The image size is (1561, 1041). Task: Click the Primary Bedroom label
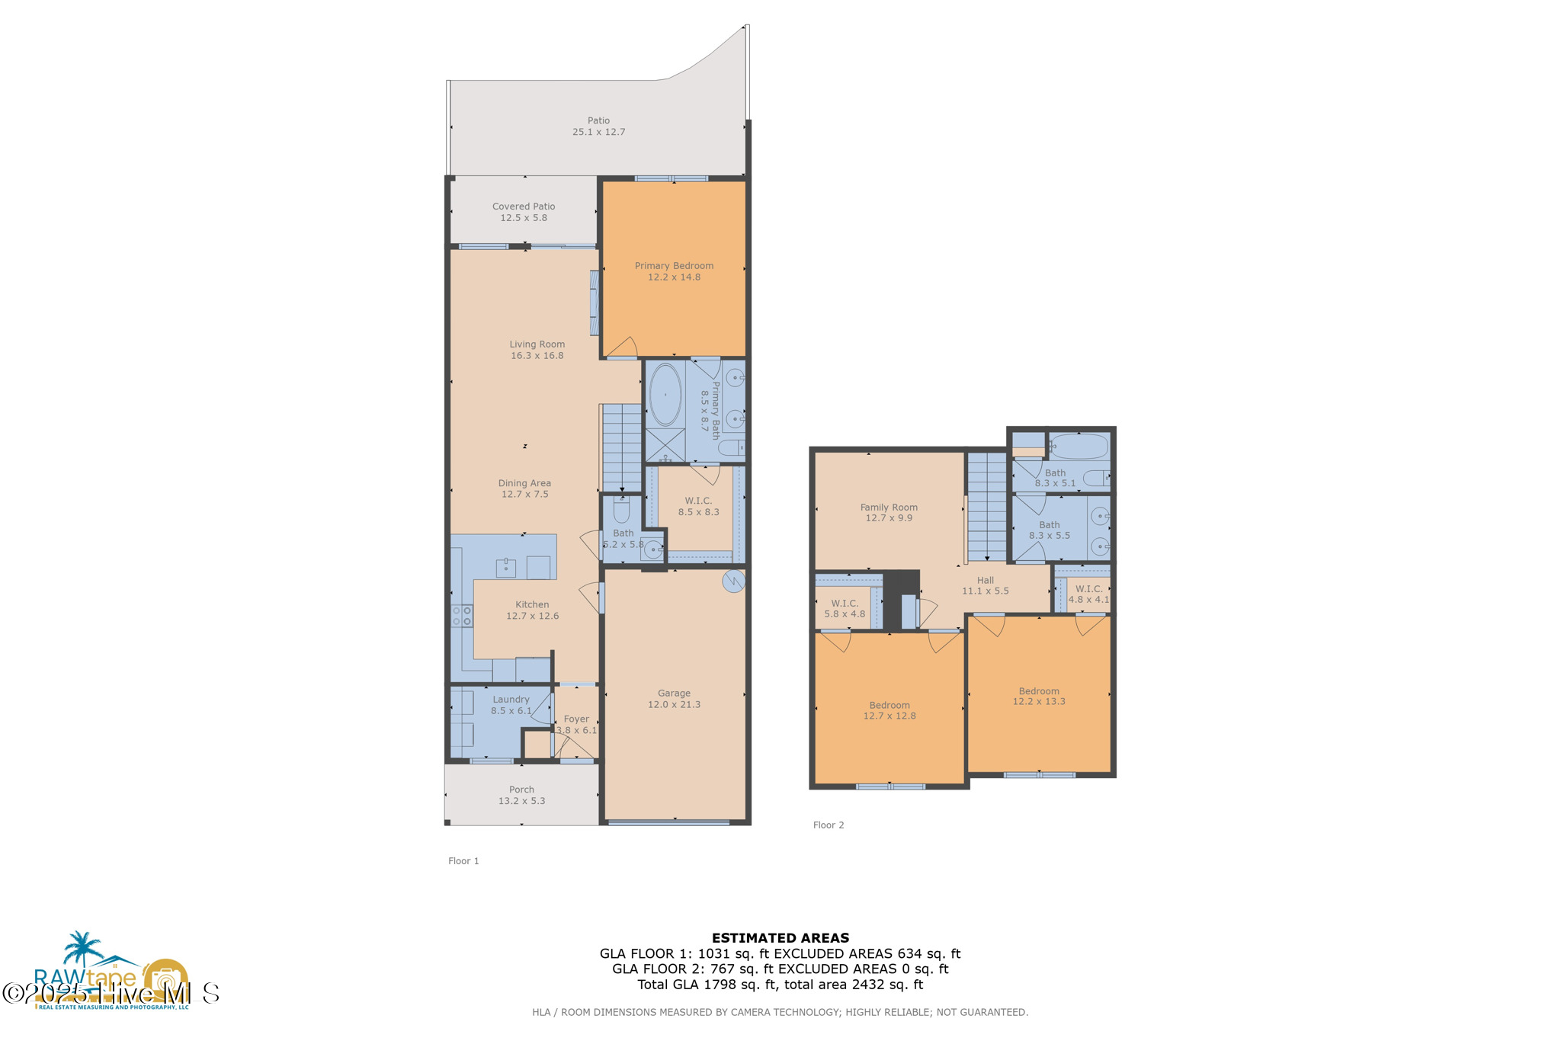point(674,266)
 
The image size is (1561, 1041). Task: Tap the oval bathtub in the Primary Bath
point(665,395)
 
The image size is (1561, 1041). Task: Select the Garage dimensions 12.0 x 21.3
point(674,705)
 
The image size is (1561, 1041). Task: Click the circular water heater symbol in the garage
point(733,581)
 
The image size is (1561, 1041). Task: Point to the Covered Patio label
point(524,207)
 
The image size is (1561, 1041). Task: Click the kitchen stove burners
point(462,616)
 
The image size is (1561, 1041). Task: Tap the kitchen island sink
point(506,568)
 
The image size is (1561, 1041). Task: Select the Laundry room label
point(511,700)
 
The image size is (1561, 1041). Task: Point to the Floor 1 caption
point(463,861)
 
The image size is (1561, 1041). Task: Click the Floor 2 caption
point(829,825)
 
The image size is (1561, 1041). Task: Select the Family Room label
point(889,508)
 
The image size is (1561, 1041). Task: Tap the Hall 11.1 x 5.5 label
point(985,586)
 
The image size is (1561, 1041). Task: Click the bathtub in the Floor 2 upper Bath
point(1079,447)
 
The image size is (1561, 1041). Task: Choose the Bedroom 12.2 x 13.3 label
point(1039,697)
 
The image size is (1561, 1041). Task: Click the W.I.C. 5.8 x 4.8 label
point(845,609)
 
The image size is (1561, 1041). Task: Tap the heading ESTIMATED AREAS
point(780,938)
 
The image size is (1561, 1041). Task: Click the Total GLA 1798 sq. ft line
point(780,985)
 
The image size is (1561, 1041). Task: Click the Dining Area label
point(524,483)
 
